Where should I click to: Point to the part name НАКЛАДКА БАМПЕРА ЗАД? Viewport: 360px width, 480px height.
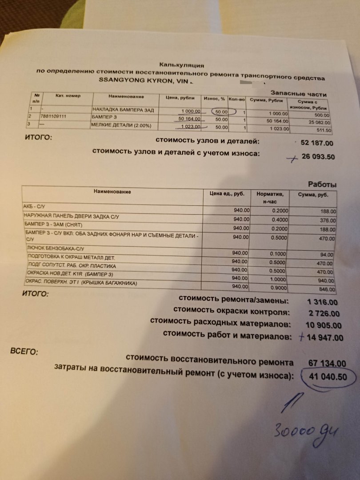click(123, 110)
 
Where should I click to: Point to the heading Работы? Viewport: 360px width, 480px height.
click(322, 184)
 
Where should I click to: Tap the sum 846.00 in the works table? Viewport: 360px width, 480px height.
click(327, 288)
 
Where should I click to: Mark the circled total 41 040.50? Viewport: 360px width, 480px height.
click(328, 377)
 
